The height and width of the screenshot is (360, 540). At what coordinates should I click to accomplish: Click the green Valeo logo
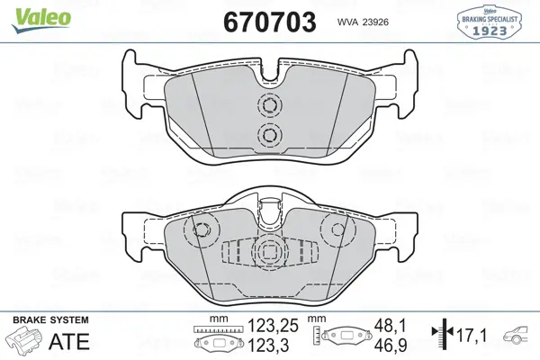coord(41,20)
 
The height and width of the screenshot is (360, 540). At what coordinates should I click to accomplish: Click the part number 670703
coord(270,22)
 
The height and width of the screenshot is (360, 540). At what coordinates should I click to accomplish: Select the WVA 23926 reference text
coord(363,22)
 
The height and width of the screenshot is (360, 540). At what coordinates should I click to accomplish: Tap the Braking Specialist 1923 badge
coord(489,22)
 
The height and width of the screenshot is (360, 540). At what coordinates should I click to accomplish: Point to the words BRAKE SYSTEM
coord(50,320)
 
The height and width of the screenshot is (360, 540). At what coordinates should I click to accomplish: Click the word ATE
coord(69,342)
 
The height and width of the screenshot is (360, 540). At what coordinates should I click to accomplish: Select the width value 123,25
coord(273,326)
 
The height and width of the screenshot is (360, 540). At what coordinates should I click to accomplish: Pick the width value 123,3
coord(268,346)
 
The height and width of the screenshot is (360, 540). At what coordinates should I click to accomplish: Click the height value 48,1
coord(391,326)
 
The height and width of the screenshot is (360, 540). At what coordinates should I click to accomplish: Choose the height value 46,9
coord(391,346)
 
